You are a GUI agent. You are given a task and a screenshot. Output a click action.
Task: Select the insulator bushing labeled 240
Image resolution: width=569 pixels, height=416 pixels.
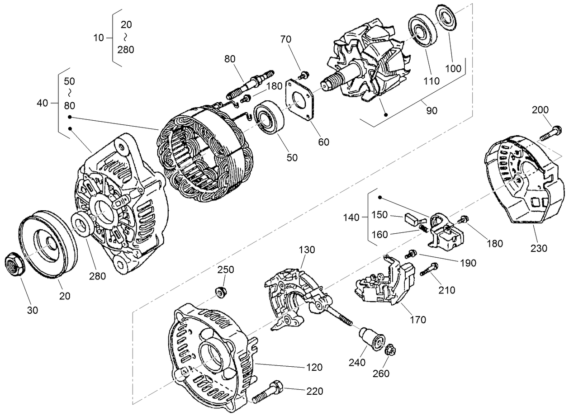(371, 339)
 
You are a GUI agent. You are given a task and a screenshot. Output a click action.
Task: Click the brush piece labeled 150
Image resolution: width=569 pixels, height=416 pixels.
(412, 218)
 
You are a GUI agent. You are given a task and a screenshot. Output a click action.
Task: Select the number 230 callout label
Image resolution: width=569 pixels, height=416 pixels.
(539, 248)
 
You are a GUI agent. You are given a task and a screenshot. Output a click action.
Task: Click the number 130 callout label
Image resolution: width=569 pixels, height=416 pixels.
(306, 250)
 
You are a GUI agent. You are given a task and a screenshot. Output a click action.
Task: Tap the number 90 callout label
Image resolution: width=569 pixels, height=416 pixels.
(431, 110)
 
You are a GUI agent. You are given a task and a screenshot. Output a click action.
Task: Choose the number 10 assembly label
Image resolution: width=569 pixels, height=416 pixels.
(99, 38)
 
